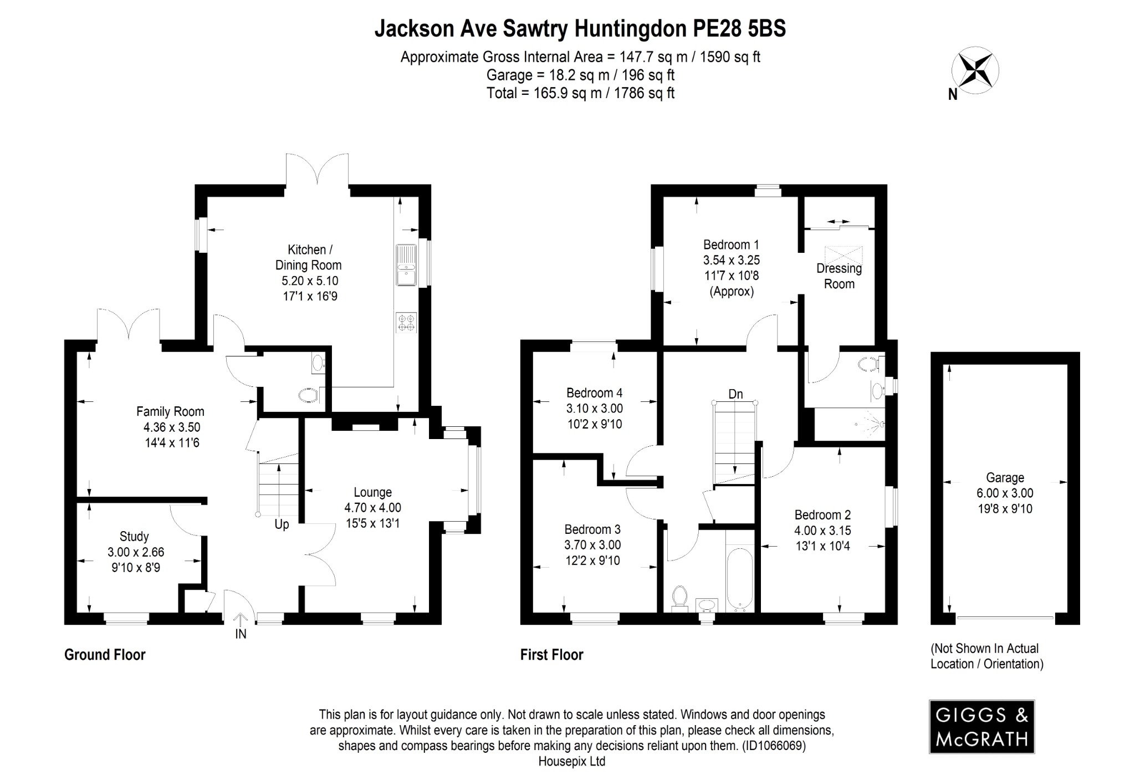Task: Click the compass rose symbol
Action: [x=975, y=71]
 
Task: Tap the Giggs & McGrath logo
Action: [x=981, y=726]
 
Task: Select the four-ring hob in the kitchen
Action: [x=406, y=323]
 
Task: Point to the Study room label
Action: [x=134, y=536]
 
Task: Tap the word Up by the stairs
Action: [x=282, y=524]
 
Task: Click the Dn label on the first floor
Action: [x=735, y=394]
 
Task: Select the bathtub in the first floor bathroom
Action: [x=739, y=578]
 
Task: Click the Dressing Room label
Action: [x=839, y=276]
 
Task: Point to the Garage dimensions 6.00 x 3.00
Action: [x=1005, y=493]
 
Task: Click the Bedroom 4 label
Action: [x=594, y=393]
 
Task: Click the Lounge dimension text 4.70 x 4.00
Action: [x=372, y=507]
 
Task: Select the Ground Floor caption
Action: [x=105, y=655]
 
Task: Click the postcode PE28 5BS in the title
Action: [x=739, y=29]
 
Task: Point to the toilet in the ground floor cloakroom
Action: [x=309, y=395]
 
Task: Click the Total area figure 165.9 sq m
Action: [x=560, y=93]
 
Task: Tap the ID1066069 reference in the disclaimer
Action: [x=774, y=746]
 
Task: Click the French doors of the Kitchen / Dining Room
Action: [x=317, y=169]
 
